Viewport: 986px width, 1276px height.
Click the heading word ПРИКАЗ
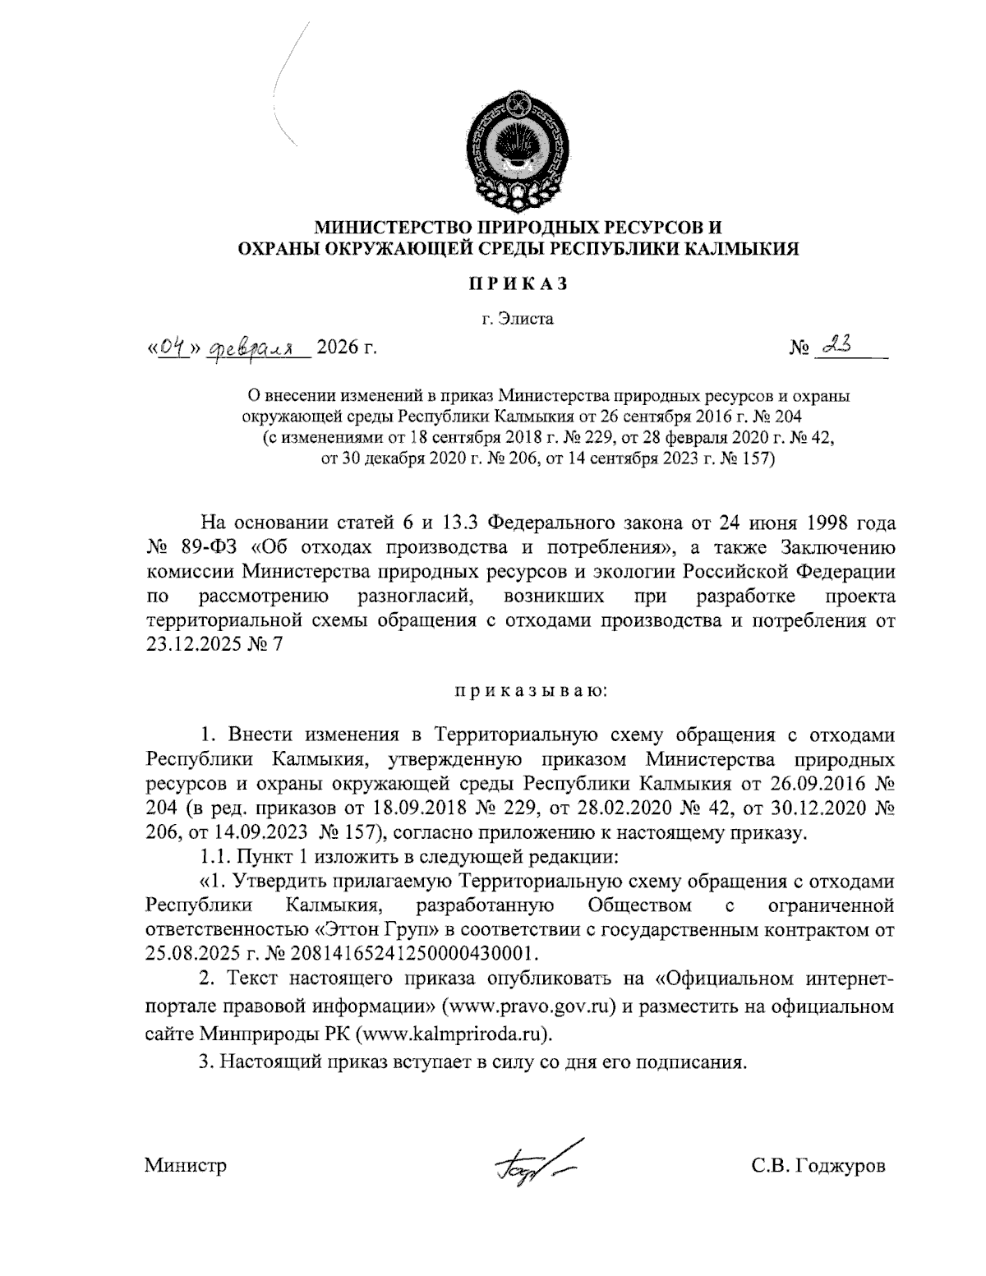(x=518, y=284)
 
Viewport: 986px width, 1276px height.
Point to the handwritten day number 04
(x=171, y=348)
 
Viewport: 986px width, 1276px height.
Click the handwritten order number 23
(x=832, y=347)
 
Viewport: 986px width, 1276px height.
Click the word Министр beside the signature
(x=186, y=1166)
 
